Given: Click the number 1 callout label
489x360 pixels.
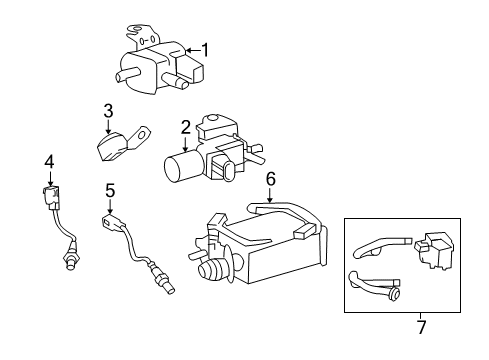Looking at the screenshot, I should (x=206, y=49).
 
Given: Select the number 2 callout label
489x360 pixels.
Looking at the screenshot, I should (x=186, y=127).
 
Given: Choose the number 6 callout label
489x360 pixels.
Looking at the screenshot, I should (x=269, y=179).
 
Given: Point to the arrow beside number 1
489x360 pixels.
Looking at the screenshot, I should (x=190, y=49).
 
